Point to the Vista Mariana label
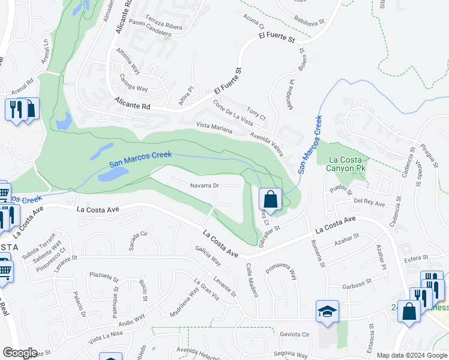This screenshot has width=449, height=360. tap(214, 127)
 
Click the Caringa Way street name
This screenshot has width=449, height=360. tap(133, 83)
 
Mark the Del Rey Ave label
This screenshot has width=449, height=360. tap(369, 202)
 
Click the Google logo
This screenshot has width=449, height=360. tap(19, 353)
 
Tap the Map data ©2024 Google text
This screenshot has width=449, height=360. tap(412, 355)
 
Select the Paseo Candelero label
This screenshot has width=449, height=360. tap(151, 31)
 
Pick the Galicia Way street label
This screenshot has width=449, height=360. tap(208, 256)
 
